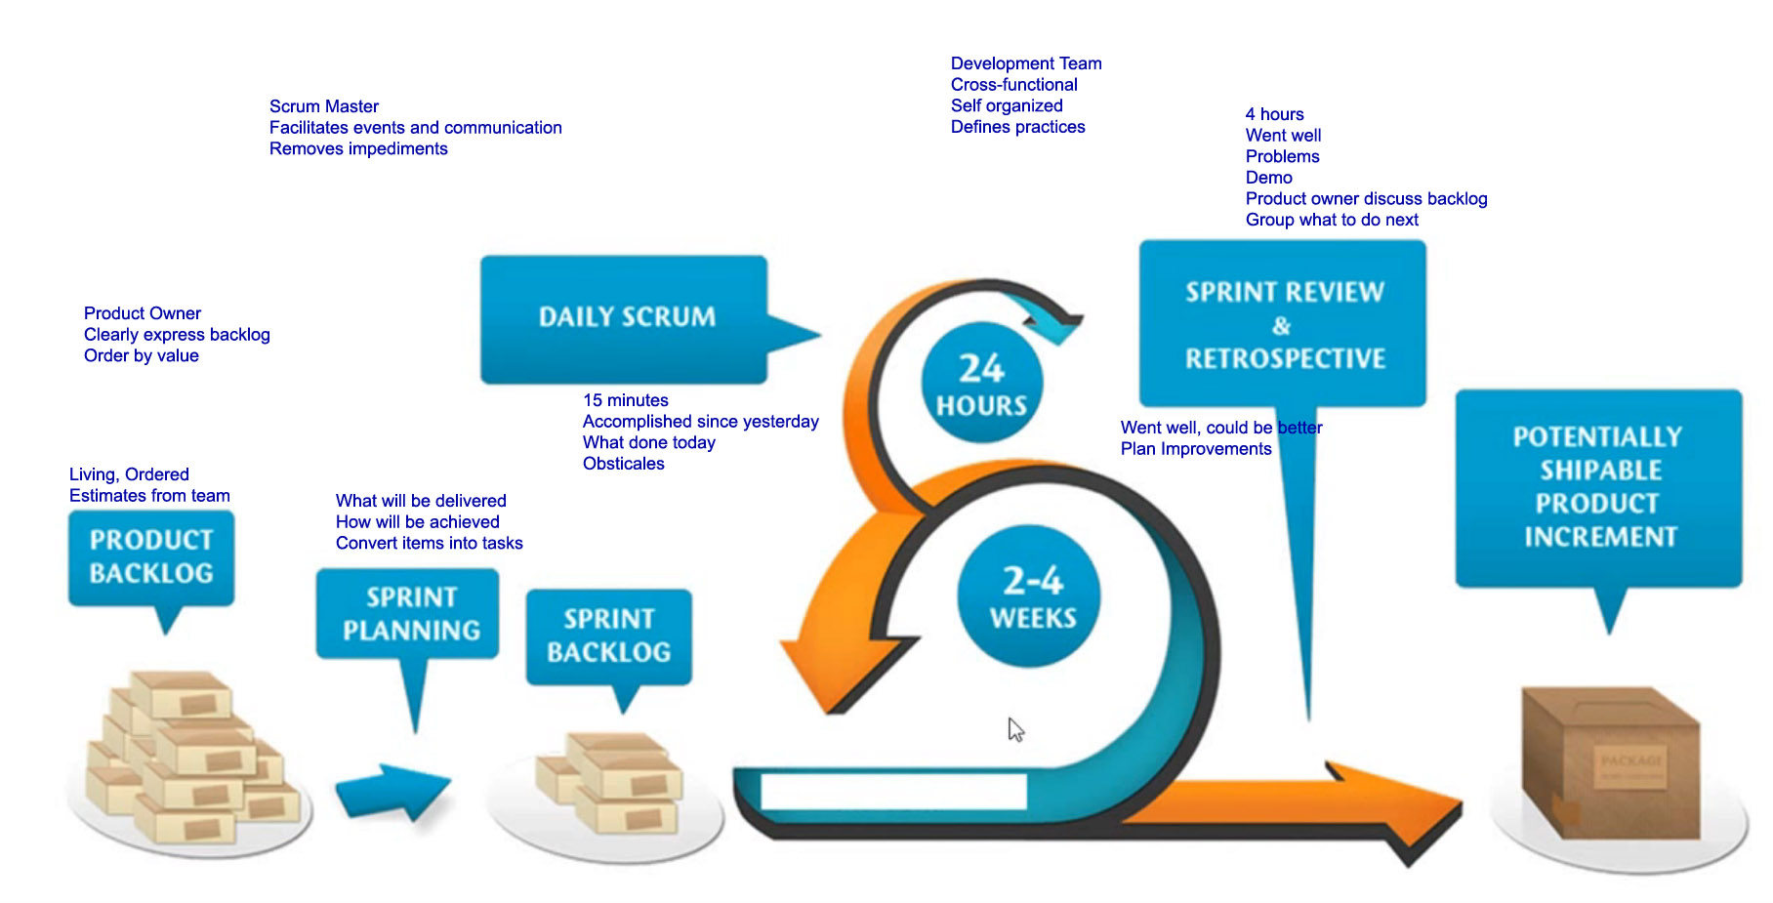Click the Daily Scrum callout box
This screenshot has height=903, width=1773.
pyautogui.click(x=625, y=319)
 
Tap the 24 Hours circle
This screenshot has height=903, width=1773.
pyautogui.click(x=982, y=383)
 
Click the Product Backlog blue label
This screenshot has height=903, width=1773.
pyautogui.click(x=151, y=557)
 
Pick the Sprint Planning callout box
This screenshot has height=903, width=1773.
pyautogui.click(x=408, y=614)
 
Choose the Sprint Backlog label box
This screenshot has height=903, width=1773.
pyautogui.click(x=609, y=636)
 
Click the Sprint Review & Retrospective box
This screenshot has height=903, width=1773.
pyautogui.click(x=1283, y=324)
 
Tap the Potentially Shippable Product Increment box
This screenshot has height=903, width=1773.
pyautogui.click(x=1598, y=488)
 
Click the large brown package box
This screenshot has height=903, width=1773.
pyautogui.click(x=1611, y=761)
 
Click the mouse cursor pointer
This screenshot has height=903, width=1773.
pyautogui.click(x=1015, y=729)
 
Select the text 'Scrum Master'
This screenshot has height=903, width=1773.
pyautogui.click(x=324, y=106)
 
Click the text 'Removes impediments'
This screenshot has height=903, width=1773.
pyautogui.click(x=358, y=148)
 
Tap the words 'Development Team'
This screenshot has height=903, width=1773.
pyautogui.click(x=1026, y=63)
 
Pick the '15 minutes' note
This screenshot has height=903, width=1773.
pyautogui.click(x=626, y=400)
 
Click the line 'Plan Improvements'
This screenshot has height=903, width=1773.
pyautogui.click(x=1196, y=449)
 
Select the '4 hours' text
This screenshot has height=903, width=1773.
pyautogui.click(x=1274, y=114)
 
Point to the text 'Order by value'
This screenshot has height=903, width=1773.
pyautogui.click(x=142, y=355)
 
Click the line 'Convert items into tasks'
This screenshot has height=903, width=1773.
pyautogui.click(x=430, y=543)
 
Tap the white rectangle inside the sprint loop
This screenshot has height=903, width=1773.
pyautogui.click(x=893, y=791)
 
